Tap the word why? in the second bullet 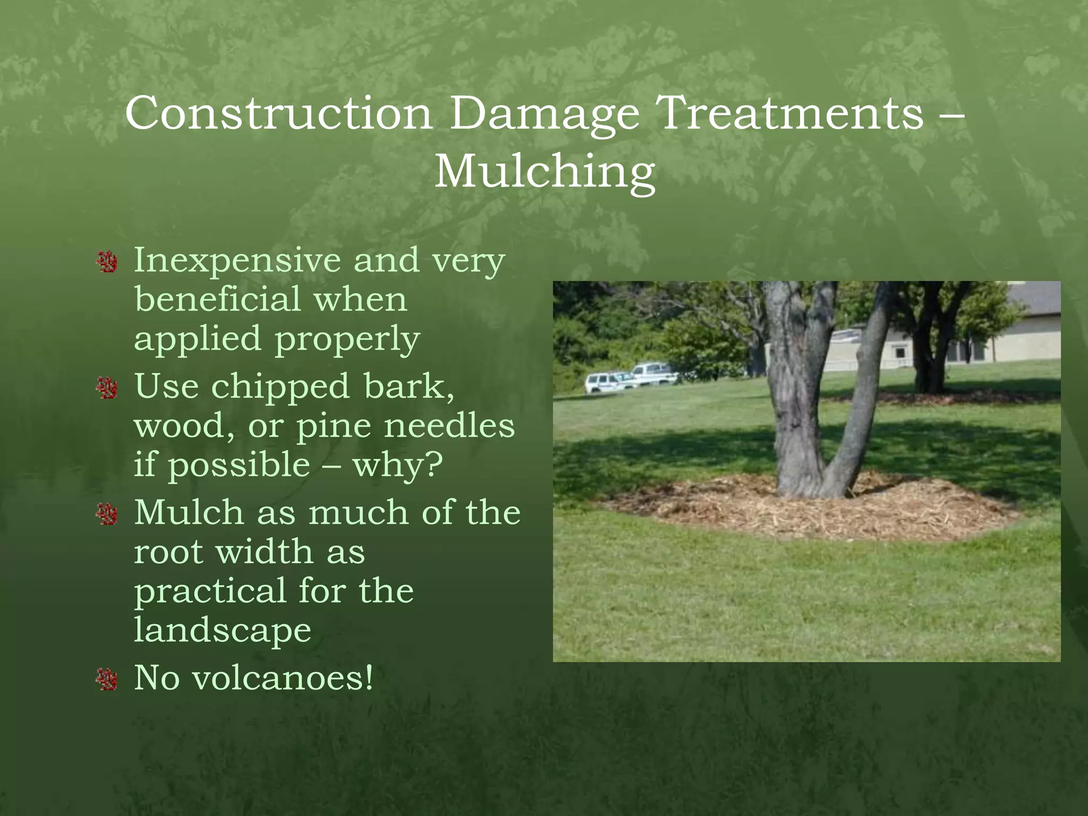[x=397, y=466]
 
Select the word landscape [x=222, y=631]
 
